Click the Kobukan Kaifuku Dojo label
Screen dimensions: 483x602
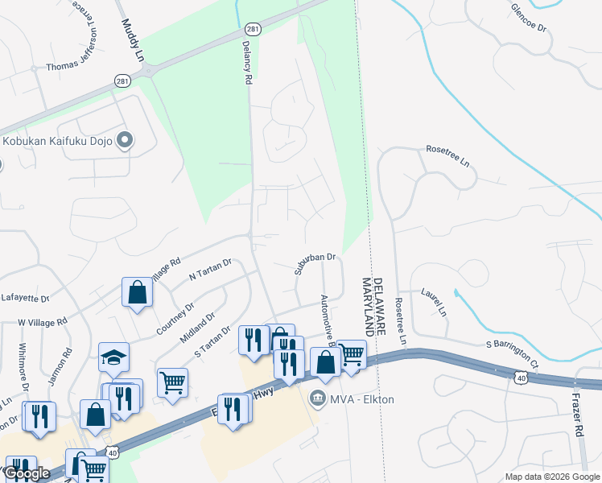(x=56, y=142)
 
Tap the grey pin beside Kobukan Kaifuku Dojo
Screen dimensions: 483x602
(x=124, y=142)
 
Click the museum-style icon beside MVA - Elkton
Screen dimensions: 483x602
(x=318, y=398)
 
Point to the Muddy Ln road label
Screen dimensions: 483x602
(x=133, y=42)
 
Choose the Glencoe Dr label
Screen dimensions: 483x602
(x=529, y=17)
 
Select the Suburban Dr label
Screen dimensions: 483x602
(x=314, y=262)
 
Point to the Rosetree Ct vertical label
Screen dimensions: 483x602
(x=398, y=322)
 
